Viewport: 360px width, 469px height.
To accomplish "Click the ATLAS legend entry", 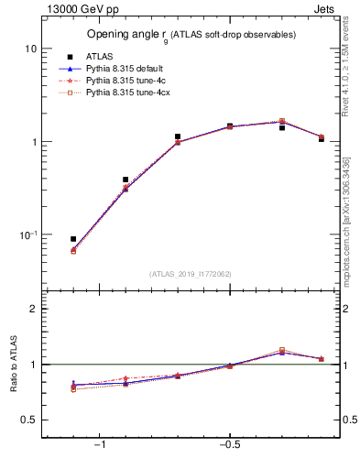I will tap(97, 56).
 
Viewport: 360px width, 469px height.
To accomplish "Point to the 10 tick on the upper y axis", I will tap(30, 49).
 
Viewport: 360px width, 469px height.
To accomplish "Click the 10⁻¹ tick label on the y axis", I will tap(27, 235).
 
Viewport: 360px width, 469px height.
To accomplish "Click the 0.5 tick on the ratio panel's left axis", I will tap(28, 420).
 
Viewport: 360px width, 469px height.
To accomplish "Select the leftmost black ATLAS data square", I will tap(73, 239).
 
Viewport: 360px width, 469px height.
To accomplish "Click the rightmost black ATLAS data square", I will tap(322, 139).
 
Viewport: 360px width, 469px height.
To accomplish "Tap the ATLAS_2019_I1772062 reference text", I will tap(191, 273).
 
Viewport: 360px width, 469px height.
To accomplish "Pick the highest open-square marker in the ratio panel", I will tap(282, 350).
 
